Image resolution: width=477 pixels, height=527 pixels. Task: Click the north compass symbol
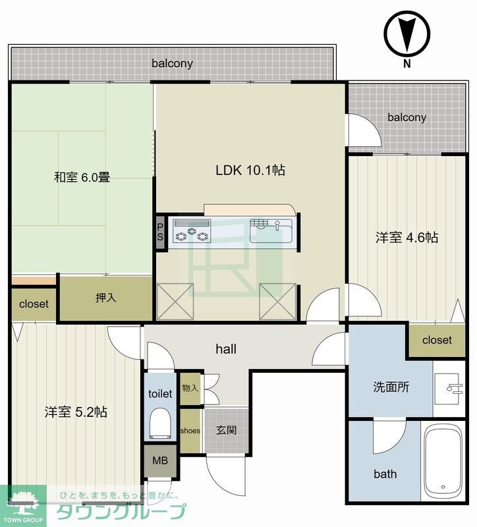407,36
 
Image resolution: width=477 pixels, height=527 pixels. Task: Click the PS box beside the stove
159,233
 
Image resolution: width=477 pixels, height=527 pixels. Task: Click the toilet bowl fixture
160,424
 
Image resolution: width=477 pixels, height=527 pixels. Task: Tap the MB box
160,460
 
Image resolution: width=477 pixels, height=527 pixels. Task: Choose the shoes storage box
191,431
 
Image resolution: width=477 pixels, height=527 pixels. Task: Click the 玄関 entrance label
227,430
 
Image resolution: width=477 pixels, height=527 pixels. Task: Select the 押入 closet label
105,298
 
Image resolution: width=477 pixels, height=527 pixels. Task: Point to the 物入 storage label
190,388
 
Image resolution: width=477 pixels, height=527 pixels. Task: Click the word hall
226,349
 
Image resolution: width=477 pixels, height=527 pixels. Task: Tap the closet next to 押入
33,304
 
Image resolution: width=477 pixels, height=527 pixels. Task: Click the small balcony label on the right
407,117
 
